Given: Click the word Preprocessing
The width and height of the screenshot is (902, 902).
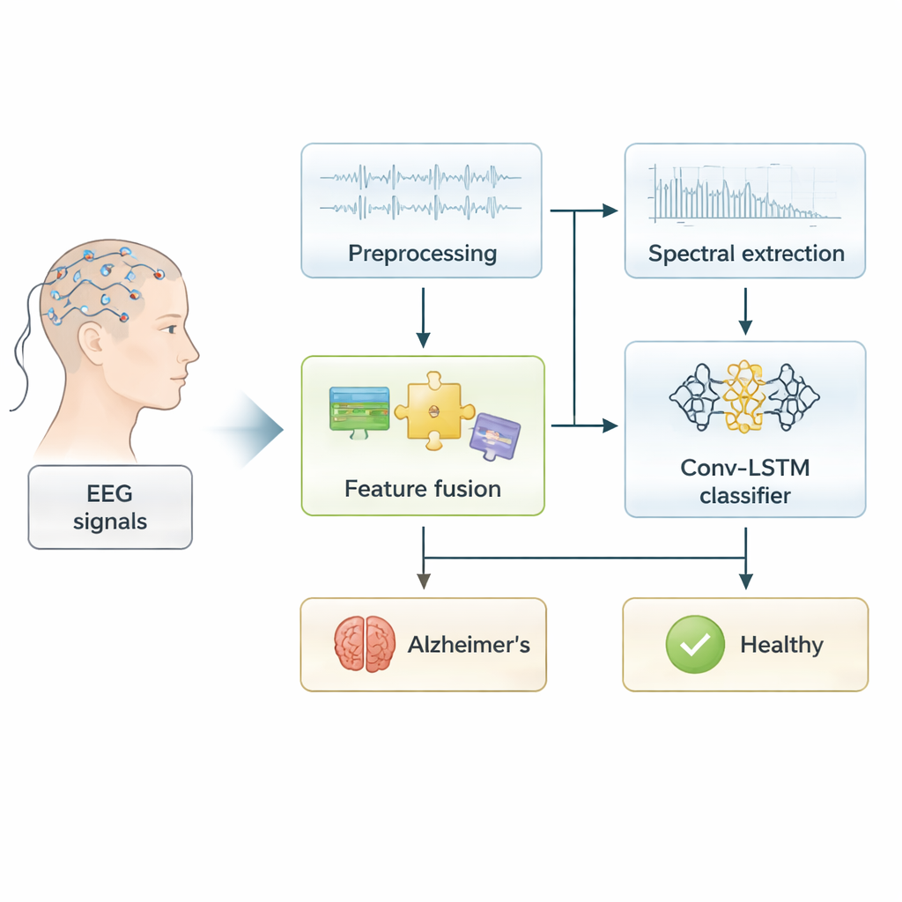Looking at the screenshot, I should tap(422, 254).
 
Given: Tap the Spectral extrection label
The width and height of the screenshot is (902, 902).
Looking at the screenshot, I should tap(746, 254).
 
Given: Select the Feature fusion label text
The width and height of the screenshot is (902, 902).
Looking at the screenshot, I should tap(423, 488).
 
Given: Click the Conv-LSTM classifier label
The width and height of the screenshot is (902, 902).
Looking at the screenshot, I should tap(745, 481).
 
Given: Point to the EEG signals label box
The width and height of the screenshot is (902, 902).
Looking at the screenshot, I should tap(110, 507).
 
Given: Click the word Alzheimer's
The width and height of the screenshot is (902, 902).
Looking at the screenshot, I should tap(469, 645).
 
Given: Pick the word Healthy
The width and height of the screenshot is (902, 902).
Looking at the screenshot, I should tap(781, 645).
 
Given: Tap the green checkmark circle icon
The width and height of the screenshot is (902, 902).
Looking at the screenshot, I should tap(696, 645).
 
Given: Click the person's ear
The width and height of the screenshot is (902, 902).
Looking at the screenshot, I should tap(92, 339).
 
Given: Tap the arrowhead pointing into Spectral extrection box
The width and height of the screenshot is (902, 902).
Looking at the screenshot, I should tap(610, 211).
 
